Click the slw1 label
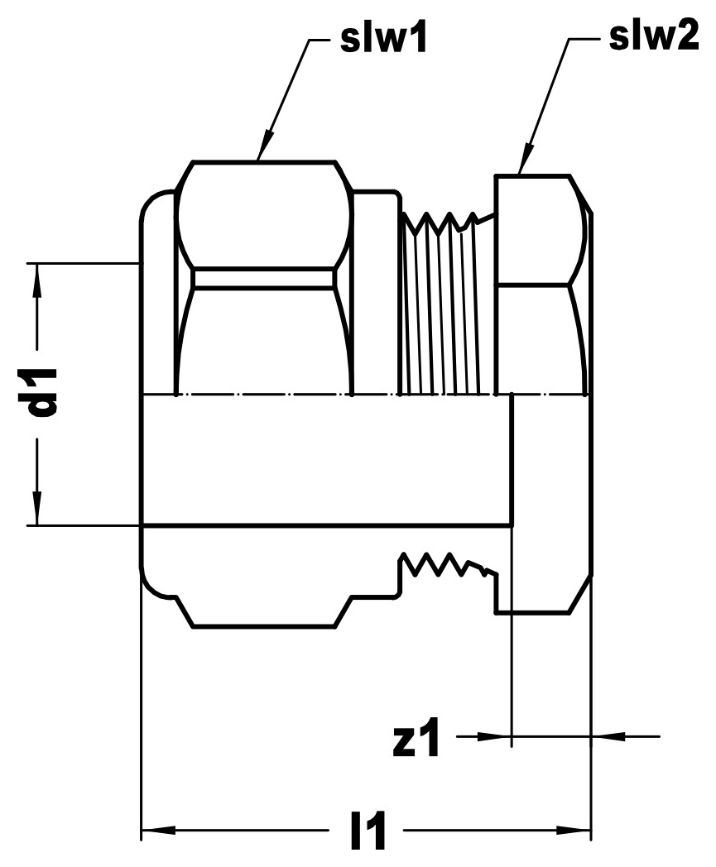click(x=383, y=39)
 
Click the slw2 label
click(x=653, y=37)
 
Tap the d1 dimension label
click(x=44, y=392)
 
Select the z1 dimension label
click(x=416, y=737)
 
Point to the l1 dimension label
click(x=368, y=830)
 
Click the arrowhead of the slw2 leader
click(x=526, y=158)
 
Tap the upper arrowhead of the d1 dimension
click(x=36, y=280)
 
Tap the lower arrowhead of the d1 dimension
click(x=36, y=508)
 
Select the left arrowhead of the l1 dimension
click(x=159, y=830)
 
